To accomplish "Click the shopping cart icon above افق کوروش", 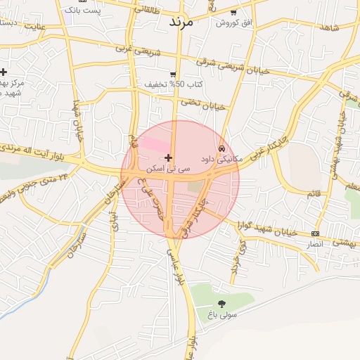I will click(x=233, y=13).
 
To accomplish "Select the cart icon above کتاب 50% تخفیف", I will click(x=173, y=74).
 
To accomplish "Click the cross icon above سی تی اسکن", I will click(x=167, y=157).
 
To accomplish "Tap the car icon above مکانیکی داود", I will click(x=221, y=149).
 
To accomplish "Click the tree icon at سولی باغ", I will click(x=222, y=304).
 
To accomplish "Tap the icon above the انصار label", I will click(x=315, y=233).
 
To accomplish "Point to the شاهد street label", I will click(x=328, y=27).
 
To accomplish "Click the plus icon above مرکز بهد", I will click(x=4, y=72).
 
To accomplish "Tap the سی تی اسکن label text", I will click(x=162, y=169).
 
